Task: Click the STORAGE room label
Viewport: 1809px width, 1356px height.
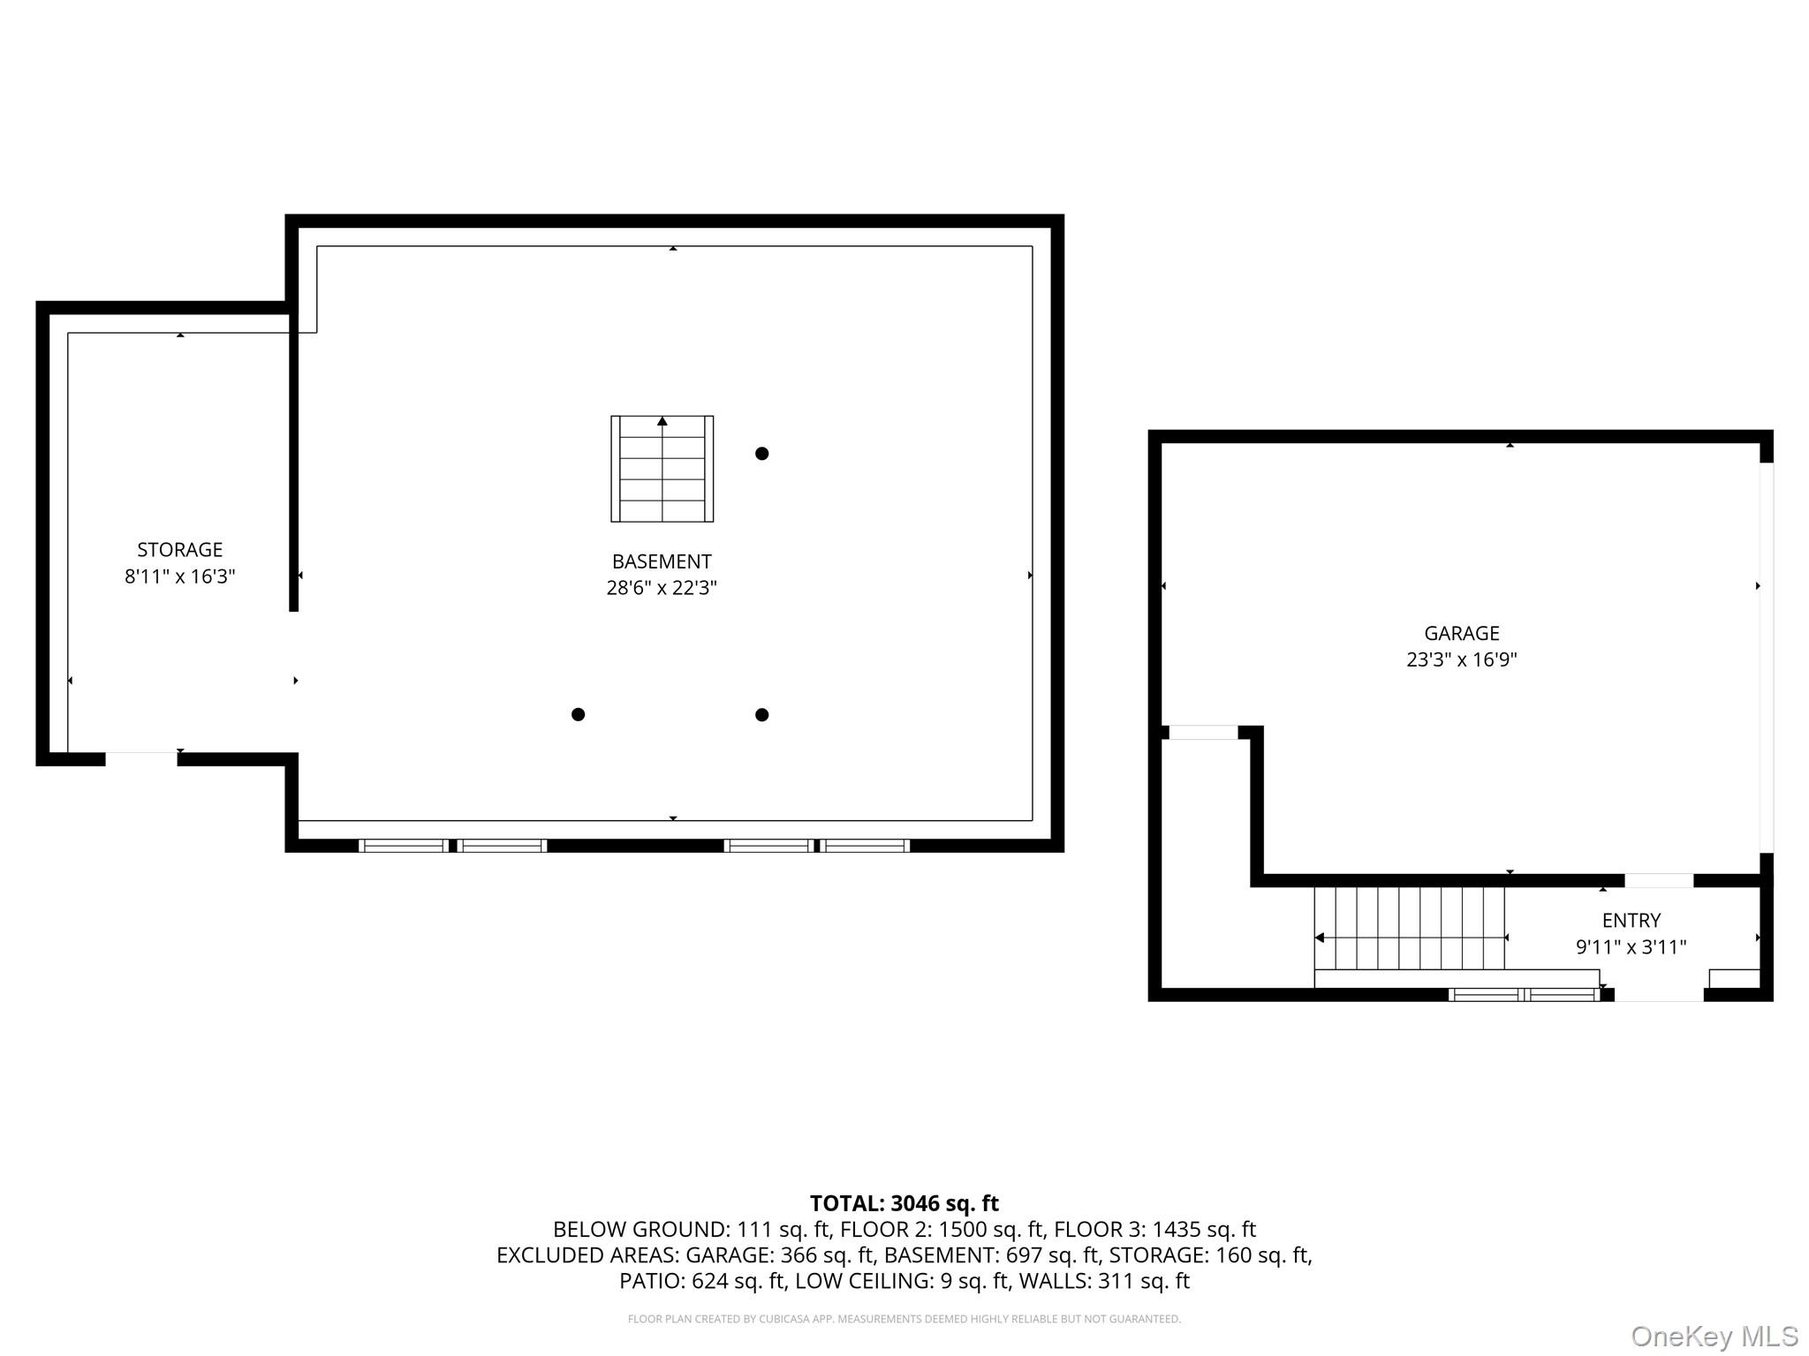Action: [179, 550]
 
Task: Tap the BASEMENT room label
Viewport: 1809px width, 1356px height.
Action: [662, 561]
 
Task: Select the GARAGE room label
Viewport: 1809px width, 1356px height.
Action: [1462, 633]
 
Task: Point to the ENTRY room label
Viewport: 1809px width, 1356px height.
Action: [1631, 921]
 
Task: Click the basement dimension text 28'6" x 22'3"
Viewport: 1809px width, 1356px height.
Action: [662, 588]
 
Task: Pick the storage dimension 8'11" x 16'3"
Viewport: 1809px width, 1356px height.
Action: [179, 576]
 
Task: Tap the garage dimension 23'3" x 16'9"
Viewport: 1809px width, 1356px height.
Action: [1462, 659]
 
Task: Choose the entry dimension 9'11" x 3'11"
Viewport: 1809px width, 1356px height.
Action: [1631, 947]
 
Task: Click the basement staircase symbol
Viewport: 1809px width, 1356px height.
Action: [662, 469]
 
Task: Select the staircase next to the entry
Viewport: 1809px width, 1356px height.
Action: [1410, 929]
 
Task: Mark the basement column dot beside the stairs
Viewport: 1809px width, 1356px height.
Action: [761, 454]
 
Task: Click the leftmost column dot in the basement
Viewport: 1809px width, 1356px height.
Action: [578, 714]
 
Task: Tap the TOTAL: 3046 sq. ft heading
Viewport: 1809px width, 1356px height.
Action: [904, 1203]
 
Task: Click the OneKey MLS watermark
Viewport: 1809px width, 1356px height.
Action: [1714, 1337]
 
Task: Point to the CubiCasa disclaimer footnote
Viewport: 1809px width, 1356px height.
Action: [904, 1319]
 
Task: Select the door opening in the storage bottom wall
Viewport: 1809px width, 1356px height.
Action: [141, 759]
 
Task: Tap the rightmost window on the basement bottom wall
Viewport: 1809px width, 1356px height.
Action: [866, 846]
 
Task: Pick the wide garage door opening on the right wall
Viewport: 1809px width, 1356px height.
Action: [1767, 658]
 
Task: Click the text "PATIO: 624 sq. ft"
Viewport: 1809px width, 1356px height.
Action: [693, 1281]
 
